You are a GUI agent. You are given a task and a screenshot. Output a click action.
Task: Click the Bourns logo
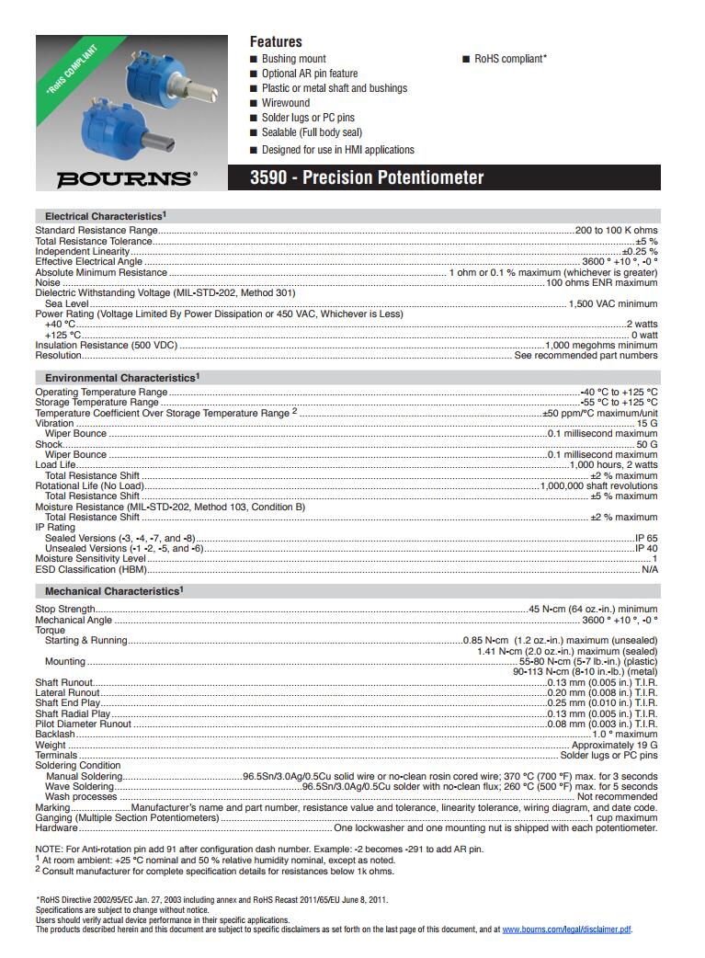tap(126, 178)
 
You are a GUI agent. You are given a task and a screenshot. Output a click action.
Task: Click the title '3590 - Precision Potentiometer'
tap(367, 177)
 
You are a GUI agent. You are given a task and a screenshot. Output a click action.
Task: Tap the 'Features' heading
tap(276, 41)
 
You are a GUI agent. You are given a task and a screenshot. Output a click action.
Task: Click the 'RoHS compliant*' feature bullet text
tap(510, 59)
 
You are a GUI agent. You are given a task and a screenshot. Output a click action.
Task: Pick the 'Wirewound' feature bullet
tap(286, 103)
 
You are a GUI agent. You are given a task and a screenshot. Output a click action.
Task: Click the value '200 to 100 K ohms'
tap(616, 231)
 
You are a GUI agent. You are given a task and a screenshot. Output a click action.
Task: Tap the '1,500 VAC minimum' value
tap(613, 303)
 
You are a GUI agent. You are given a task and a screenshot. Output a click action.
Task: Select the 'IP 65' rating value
tap(646, 538)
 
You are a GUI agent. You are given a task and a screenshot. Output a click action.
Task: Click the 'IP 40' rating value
tap(646, 548)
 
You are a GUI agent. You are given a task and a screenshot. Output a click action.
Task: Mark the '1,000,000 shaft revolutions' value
tap(598, 485)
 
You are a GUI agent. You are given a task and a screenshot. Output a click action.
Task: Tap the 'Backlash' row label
tap(55, 735)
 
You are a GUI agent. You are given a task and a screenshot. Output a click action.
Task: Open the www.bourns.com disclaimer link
tap(567, 929)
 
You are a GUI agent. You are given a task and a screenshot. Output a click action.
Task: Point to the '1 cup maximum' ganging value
tap(622, 817)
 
